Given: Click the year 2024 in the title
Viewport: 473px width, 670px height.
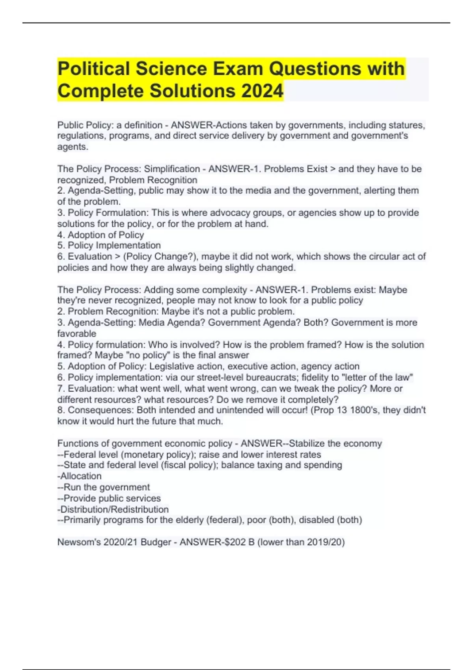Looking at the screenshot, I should [262, 91].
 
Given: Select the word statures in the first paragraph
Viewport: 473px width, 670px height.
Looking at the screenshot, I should [406, 125].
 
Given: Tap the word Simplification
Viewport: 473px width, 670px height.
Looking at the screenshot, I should [172, 169].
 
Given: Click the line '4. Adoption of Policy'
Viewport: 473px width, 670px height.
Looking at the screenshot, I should [101, 235].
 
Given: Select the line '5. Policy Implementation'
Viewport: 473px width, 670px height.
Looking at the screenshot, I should [109, 246].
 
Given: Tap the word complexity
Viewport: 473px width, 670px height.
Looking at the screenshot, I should [223, 290].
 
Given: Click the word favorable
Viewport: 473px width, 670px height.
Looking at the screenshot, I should [76, 333].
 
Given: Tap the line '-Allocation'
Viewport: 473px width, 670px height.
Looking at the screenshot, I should [79, 476].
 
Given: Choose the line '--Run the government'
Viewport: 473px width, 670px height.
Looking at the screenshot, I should [103, 487].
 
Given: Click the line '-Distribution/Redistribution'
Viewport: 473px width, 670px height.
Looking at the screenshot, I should [113, 509].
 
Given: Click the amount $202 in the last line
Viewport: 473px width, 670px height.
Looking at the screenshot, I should [234, 542].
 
